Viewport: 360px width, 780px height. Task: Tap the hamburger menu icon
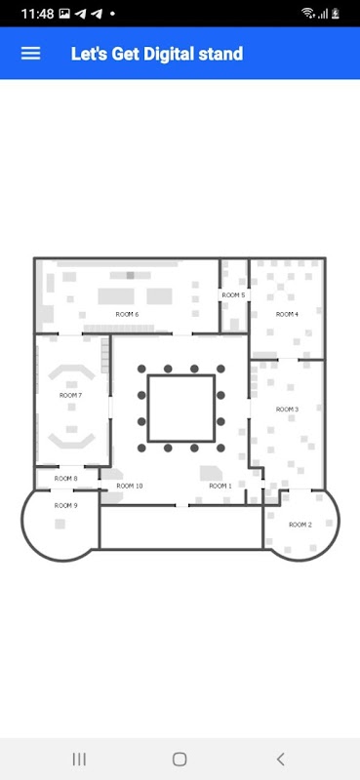[30, 54]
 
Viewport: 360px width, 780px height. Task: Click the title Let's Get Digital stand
[157, 54]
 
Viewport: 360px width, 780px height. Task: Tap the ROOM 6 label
[127, 314]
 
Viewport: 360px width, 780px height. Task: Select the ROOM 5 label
[233, 295]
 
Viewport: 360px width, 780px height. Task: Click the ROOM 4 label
[287, 314]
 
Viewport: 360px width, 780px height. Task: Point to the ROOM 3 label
[287, 409]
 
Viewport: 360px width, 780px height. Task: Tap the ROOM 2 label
[300, 525]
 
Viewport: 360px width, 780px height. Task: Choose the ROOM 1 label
[220, 486]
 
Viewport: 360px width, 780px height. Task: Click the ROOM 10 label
[130, 486]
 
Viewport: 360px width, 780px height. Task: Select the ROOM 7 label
[70, 396]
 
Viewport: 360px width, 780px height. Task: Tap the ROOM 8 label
[65, 479]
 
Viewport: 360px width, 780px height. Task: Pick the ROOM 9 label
[65, 505]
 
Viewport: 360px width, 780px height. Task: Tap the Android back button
[281, 760]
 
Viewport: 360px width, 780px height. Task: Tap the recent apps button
[79, 760]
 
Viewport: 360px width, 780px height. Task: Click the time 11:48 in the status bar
[37, 14]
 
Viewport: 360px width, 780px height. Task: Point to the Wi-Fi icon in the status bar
[308, 13]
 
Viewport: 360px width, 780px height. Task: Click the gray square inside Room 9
[60, 524]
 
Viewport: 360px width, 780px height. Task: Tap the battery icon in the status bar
[336, 14]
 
